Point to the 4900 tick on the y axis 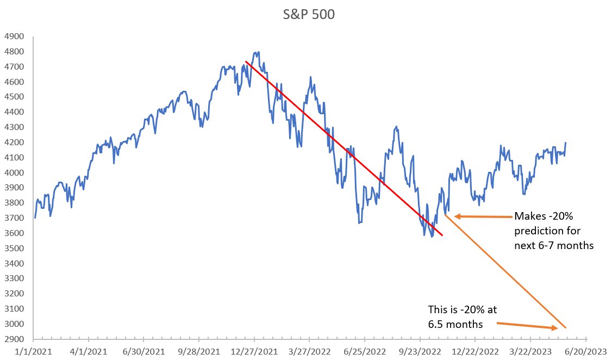pos(14,37)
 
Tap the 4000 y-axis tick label pos(14,173)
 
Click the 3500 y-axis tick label pos(14,249)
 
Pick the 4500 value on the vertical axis pos(14,97)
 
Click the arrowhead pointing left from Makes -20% pos(457,216)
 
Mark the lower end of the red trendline pos(442,235)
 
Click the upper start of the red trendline pos(246,61)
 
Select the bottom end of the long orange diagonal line pos(566,328)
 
